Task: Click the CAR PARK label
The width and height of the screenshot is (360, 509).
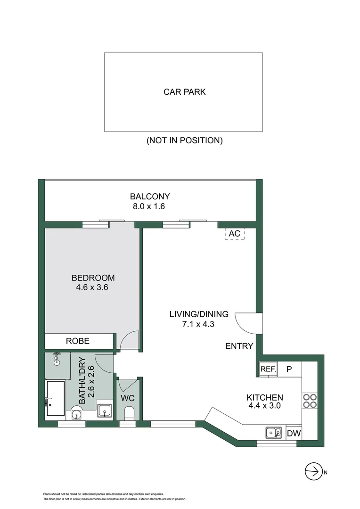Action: click(x=184, y=92)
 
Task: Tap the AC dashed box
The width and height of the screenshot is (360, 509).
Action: click(x=235, y=233)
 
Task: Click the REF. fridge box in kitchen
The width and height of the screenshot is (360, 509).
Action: click(x=268, y=369)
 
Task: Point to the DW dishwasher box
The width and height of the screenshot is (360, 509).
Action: click(x=294, y=433)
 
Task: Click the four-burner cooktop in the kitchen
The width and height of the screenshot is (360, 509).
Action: click(x=310, y=401)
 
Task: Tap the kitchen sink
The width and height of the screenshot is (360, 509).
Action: click(x=272, y=432)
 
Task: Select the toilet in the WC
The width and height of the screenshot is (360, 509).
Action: click(x=128, y=414)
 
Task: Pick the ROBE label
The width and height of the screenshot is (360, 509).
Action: click(x=78, y=341)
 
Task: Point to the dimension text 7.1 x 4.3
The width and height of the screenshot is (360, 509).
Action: click(x=199, y=324)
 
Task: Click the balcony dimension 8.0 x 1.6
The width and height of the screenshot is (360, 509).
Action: click(x=150, y=206)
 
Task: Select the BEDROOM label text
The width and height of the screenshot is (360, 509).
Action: click(x=93, y=278)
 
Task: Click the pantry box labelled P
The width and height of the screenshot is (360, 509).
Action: click(x=289, y=369)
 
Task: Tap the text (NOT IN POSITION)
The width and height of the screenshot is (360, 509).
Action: click(x=184, y=140)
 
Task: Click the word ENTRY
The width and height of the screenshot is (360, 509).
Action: click(x=239, y=346)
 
